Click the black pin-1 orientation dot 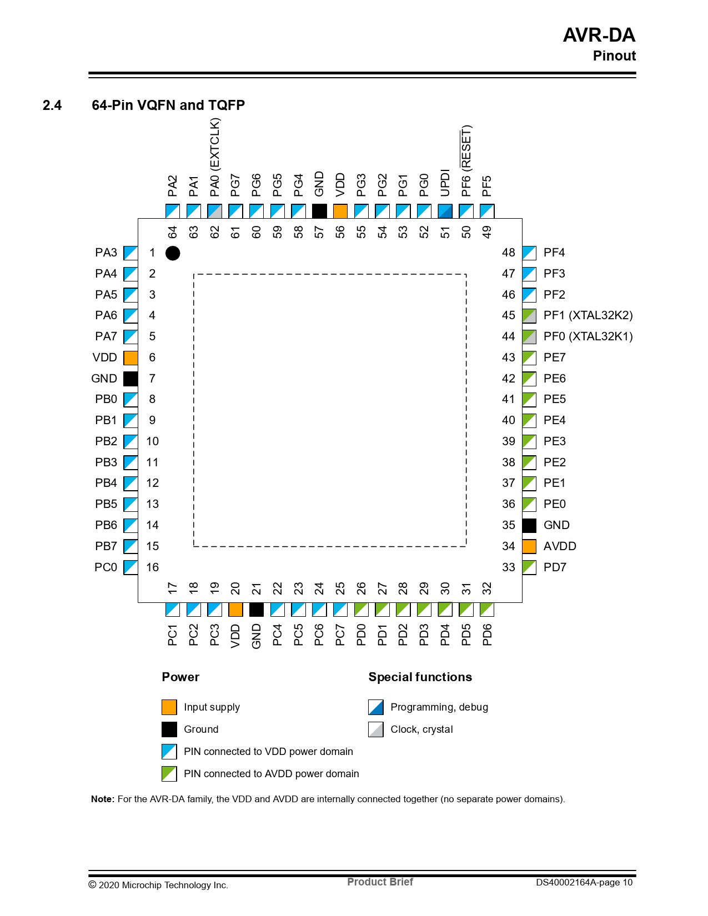173,253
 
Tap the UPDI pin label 445,183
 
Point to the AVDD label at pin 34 560,546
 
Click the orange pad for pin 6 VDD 130,358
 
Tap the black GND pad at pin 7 130,379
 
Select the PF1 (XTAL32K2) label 588,315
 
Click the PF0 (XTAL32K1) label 588,336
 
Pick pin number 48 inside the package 509,253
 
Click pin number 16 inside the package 153,567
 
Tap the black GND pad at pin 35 529,525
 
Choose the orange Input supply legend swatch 169,707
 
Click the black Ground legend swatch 169,729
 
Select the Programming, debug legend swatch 376,707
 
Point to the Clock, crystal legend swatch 376,729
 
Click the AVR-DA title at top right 599,35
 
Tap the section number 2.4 52,105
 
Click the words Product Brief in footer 380,882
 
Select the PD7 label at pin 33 555,567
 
